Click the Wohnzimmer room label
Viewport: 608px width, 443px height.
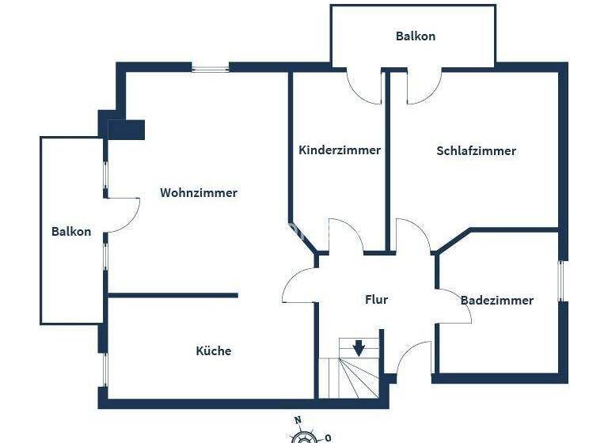point(198,192)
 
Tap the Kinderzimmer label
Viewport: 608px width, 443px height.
point(339,150)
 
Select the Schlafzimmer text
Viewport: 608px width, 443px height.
point(476,150)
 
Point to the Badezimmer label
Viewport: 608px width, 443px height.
point(496,301)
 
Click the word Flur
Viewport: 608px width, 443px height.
point(376,300)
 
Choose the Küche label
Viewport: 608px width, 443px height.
point(214,350)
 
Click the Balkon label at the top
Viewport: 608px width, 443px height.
point(415,36)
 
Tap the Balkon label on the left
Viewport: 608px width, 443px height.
point(71,232)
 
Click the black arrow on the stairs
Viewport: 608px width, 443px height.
point(359,347)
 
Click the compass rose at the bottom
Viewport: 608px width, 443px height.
point(305,437)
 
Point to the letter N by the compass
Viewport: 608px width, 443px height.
point(298,421)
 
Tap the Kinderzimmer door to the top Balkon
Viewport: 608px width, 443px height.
point(365,87)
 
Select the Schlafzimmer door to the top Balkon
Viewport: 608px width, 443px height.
point(424,87)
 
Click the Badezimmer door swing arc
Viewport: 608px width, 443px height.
point(454,305)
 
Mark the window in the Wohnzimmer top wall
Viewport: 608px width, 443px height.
point(211,69)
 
